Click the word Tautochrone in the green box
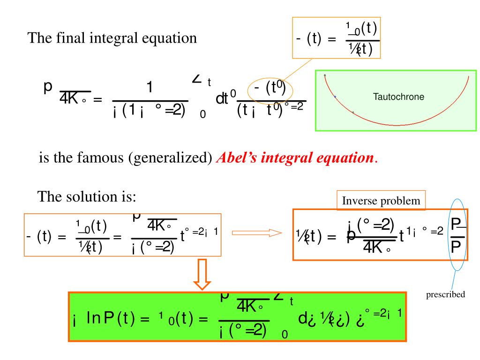[398, 97]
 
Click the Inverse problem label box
[381, 201]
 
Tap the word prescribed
[445, 294]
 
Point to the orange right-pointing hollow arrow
[257, 232]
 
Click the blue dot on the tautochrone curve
[335, 97]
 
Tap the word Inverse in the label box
[357, 201]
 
